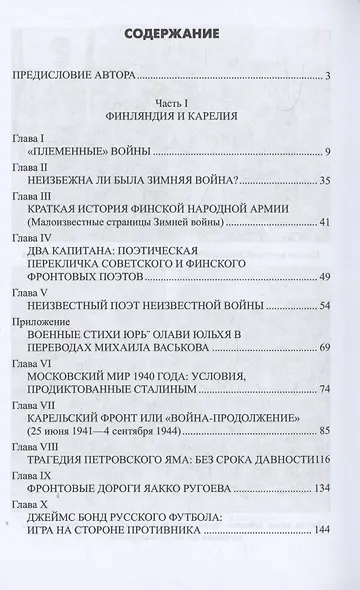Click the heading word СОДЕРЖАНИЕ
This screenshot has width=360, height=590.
(180, 35)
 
